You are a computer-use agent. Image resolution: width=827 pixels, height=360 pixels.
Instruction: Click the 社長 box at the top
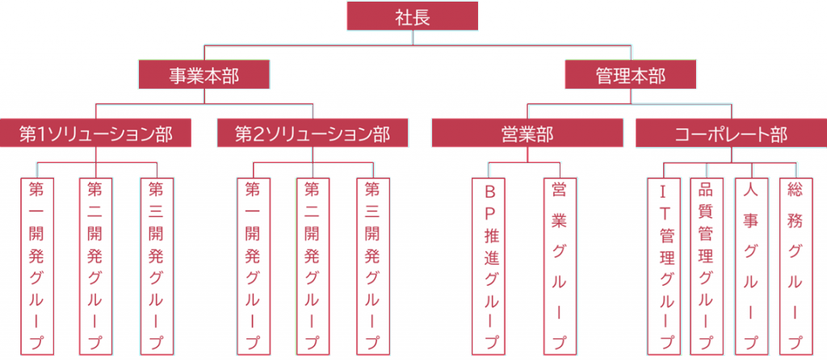click(413, 16)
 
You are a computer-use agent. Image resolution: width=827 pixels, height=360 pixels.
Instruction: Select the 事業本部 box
click(204, 74)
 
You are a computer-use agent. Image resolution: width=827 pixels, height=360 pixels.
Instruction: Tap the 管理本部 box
click(631, 74)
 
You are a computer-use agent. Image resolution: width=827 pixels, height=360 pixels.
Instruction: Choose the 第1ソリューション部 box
click(95, 132)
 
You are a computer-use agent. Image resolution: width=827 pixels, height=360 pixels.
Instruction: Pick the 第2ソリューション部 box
click(313, 132)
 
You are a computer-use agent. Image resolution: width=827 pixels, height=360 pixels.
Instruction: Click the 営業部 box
click(527, 132)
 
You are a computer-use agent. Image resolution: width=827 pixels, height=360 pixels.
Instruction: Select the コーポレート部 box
click(731, 132)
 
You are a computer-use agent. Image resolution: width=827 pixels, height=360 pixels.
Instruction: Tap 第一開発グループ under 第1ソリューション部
click(37, 266)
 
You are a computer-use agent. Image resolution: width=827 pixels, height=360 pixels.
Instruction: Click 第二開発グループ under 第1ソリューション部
click(95, 266)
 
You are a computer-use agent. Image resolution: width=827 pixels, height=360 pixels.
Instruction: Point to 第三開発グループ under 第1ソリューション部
click(157, 266)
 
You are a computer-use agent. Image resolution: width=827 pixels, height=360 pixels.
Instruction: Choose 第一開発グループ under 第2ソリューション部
click(254, 266)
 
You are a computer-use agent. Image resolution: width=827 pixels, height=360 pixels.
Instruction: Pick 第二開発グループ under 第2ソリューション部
click(313, 266)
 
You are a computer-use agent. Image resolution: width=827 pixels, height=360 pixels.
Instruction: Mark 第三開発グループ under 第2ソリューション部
click(373, 266)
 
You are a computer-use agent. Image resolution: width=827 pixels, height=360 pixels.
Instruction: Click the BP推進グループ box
click(489, 266)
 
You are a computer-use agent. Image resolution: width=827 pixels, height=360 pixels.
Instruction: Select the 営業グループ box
click(560, 266)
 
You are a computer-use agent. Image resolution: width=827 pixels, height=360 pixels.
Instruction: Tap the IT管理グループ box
click(664, 266)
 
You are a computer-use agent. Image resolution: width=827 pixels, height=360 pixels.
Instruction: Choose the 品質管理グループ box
click(707, 266)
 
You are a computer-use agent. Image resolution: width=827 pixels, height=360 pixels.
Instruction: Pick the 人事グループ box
click(752, 266)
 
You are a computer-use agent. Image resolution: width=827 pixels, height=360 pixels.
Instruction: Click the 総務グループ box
click(796, 266)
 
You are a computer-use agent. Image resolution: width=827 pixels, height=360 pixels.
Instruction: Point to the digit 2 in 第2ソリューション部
click(258, 133)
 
